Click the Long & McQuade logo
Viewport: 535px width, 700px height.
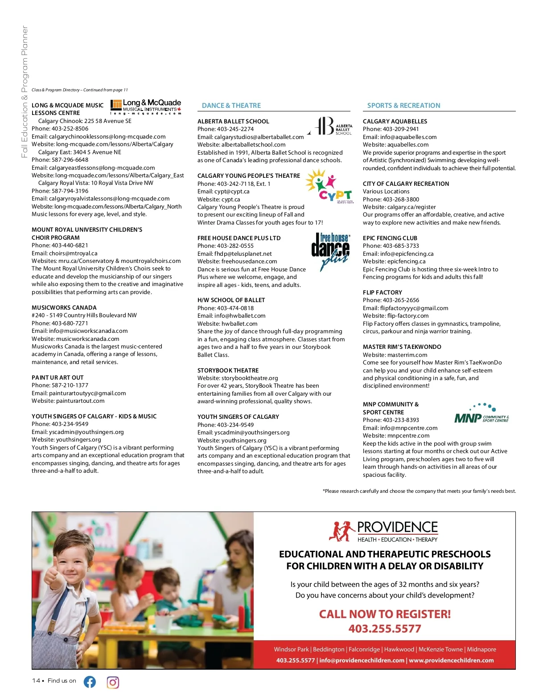point(146,107)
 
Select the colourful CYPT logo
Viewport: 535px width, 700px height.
point(330,186)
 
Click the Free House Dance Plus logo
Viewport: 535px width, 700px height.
point(330,251)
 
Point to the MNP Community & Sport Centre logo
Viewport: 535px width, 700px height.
point(481,413)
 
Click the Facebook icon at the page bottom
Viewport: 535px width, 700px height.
point(90,682)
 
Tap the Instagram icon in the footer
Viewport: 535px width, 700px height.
point(113,682)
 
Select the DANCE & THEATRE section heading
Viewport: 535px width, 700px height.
point(231,106)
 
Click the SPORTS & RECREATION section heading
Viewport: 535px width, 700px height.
point(403,106)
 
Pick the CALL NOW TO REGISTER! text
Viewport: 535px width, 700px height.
point(385,614)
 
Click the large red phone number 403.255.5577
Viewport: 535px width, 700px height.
point(385,629)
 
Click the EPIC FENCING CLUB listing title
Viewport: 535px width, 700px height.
point(390,238)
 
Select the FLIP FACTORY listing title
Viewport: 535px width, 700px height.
point(382,292)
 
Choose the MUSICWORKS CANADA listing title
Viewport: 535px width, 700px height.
point(64,307)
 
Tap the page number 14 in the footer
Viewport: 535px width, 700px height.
point(36,680)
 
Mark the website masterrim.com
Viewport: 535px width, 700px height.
point(407,355)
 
